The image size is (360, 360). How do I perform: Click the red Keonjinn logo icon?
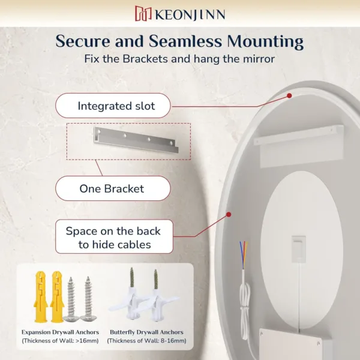[143, 13]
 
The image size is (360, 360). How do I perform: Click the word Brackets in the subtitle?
[145, 59]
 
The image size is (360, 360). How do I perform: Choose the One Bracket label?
[113, 189]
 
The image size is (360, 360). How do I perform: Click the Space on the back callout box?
[114, 237]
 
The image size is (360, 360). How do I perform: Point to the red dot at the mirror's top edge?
[289, 95]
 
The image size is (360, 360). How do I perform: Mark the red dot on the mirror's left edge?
[229, 214]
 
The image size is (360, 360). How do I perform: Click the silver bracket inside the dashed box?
[136, 140]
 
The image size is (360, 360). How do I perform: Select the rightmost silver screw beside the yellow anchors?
[88, 299]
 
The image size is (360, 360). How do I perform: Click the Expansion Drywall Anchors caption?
[61, 332]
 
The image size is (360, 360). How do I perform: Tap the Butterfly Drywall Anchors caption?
[147, 332]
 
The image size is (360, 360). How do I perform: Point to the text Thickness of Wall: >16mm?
[61, 341]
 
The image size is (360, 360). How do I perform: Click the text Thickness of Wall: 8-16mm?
[147, 341]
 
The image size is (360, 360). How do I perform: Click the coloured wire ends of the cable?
[244, 256]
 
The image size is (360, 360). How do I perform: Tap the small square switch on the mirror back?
[298, 249]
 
